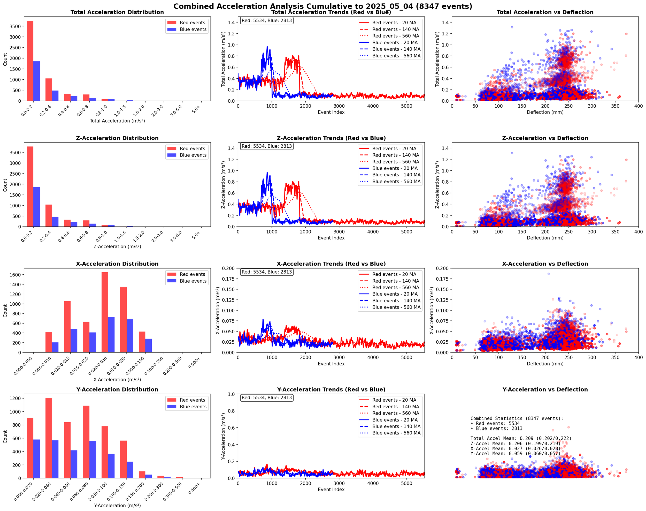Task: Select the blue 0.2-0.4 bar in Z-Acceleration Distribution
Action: pos(55,222)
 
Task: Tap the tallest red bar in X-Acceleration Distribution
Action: pos(105,312)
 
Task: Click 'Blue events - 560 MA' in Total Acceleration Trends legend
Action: pos(396,56)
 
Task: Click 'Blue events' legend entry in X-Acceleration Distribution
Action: pos(193,281)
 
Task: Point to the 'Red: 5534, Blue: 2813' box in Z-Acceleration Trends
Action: pos(267,146)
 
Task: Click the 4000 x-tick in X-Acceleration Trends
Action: pos(373,358)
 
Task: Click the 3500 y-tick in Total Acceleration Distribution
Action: pos(15,26)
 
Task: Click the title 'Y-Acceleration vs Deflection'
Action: pos(545,389)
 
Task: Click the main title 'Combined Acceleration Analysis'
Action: pos(322,6)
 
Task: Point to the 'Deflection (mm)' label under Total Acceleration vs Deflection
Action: pos(545,112)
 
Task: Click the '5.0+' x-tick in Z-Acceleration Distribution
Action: pos(196,235)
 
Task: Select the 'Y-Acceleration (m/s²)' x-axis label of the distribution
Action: pos(117,506)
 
